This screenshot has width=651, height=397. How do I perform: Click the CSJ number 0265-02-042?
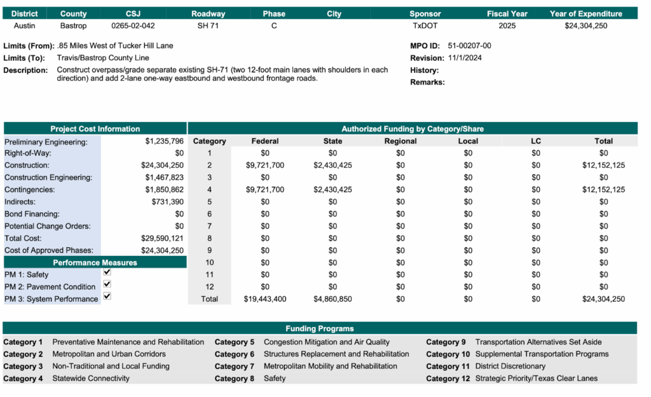click(133, 26)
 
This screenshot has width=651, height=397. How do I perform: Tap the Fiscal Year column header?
click(507, 13)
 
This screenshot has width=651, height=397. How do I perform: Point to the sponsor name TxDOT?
click(425, 26)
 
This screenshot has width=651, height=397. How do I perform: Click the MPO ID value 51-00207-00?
click(469, 46)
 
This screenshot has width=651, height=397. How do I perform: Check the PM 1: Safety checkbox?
click(107, 273)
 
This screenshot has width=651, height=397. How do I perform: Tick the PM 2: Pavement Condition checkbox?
click(107, 285)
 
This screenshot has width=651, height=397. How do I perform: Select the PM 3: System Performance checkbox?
click(107, 297)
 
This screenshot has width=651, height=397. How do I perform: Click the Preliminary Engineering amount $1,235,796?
click(164, 141)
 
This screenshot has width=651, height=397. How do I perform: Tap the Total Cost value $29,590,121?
click(162, 238)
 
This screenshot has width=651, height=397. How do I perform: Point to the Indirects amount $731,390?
click(167, 201)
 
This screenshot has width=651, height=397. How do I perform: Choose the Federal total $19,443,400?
click(265, 299)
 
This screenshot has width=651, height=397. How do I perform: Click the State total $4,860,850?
click(332, 299)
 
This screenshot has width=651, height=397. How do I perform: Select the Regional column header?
click(401, 141)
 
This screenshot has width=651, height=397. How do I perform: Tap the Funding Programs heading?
click(319, 328)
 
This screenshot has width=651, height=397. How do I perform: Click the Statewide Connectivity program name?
click(91, 379)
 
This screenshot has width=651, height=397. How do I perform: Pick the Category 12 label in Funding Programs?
click(448, 379)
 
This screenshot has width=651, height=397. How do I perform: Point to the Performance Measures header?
click(95, 262)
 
